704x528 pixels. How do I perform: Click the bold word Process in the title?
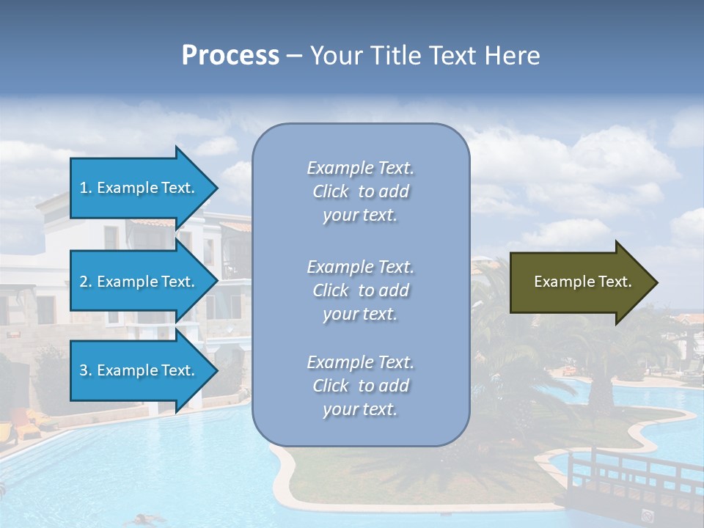click(230, 56)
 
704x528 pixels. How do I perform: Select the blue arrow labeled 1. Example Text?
click(139, 188)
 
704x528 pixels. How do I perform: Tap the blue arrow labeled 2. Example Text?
click(139, 282)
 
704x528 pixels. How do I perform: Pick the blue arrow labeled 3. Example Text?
click(139, 370)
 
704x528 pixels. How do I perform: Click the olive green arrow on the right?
click(579, 282)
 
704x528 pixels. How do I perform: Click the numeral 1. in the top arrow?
click(86, 188)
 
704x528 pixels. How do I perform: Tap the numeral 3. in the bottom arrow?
click(86, 370)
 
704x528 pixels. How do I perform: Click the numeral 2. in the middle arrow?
click(86, 282)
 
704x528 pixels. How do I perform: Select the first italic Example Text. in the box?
click(360, 168)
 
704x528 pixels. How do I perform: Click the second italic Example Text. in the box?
click(360, 266)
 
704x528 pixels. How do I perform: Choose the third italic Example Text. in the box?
click(360, 362)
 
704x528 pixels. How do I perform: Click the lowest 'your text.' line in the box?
click(360, 409)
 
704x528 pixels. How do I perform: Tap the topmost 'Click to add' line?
click(360, 191)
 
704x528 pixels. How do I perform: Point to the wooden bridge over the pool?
click(631, 477)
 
